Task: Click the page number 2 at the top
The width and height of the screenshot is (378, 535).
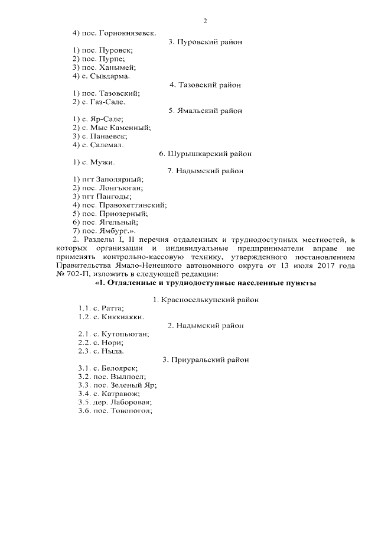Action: pyautogui.click(x=205, y=21)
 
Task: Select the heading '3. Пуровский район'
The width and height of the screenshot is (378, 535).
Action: pyautogui.click(x=205, y=42)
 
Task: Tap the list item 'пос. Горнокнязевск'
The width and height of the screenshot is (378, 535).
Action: pyautogui.click(x=115, y=32)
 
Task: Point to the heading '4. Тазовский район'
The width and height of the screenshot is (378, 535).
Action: pyautogui.click(x=205, y=85)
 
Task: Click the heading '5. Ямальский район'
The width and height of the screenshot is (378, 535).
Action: pyautogui.click(x=205, y=111)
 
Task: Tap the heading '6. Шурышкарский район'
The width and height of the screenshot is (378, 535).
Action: pyautogui.click(x=205, y=154)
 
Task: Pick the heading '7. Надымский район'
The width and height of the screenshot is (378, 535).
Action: pyautogui.click(x=205, y=171)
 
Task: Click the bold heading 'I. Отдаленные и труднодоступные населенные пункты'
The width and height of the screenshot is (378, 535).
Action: pyautogui.click(x=206, y=283)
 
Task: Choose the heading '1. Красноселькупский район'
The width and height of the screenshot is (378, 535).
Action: pyautogui.click(x=205, y=300)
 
